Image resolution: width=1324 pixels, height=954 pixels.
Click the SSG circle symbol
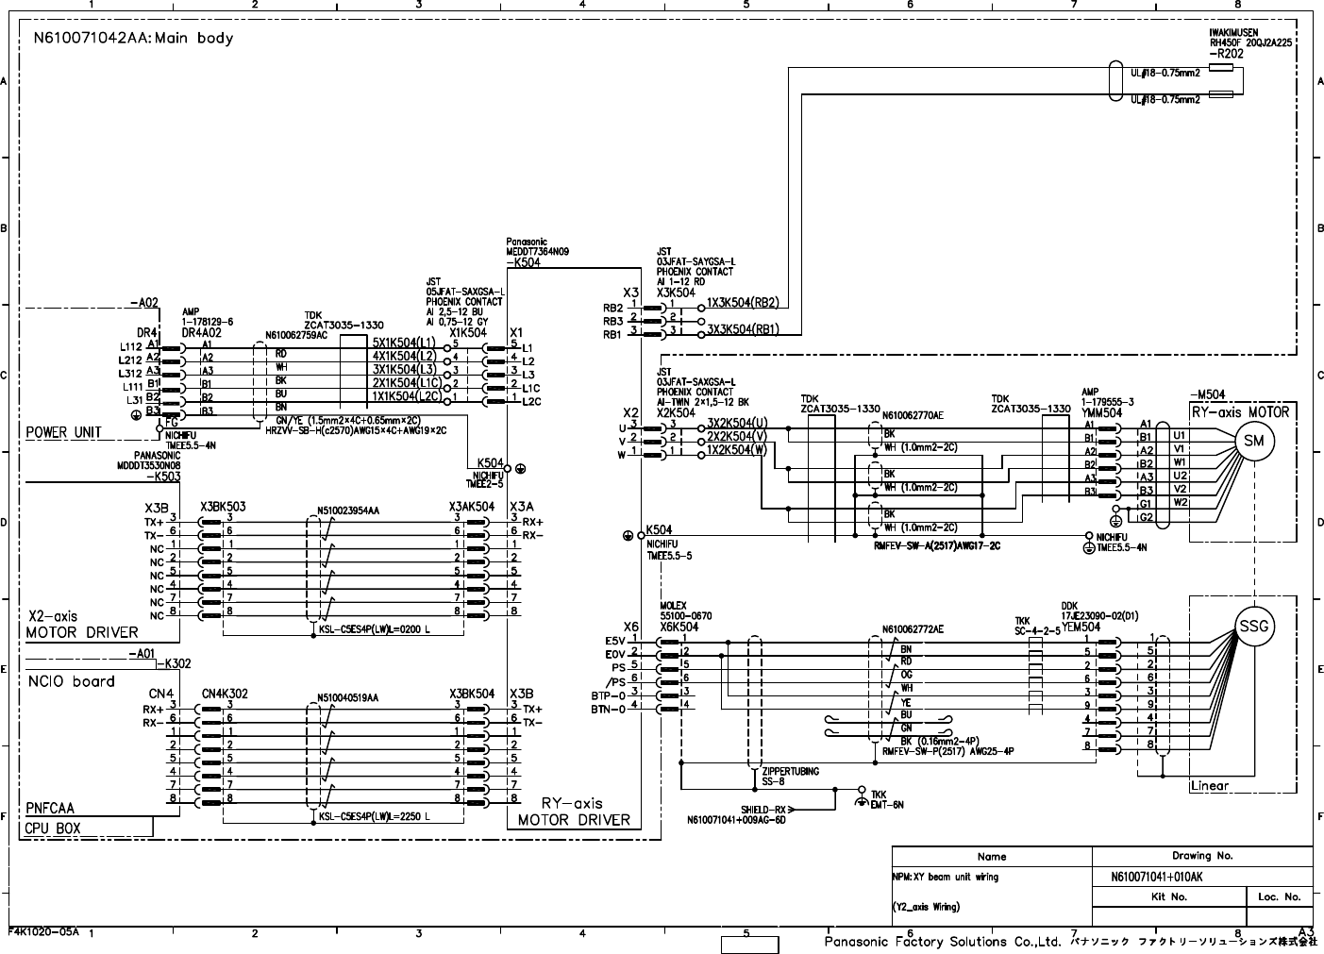pos(1254,626)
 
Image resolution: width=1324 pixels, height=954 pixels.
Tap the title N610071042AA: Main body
pos(133,39)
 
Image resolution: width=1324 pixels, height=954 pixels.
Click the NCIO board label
pos(72,681)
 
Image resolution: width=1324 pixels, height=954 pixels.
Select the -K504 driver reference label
pos(523,262)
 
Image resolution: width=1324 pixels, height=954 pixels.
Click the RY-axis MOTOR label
pos(1239,412)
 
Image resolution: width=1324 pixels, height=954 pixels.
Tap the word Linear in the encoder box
pos(1209,786)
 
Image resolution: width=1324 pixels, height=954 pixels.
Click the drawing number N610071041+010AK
pos(1163,877)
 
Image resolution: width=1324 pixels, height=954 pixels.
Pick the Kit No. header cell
pos(1169,896)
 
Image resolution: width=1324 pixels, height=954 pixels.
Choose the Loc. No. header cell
pos(1279,896)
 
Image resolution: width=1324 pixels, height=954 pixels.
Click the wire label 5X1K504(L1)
pos(404,342)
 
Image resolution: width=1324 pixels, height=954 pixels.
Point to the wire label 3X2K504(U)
pos(737,423)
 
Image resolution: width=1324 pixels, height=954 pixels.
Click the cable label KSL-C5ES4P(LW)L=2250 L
pos(375,817)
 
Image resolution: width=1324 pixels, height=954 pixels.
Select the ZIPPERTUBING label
pos(791,771)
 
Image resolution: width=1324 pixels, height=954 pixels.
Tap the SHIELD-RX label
pos(763,810)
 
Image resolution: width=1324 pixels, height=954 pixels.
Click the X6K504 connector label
pos(679,627)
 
